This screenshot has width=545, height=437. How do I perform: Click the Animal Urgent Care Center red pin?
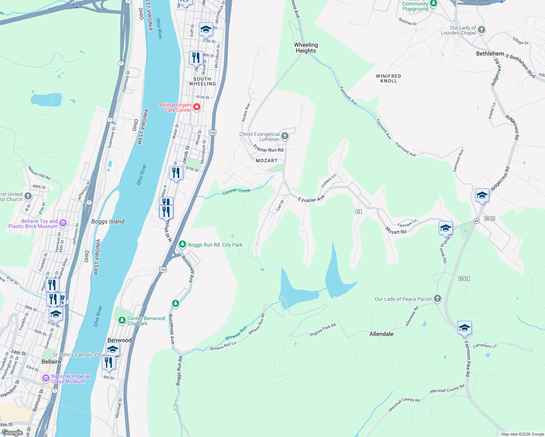(197, 107)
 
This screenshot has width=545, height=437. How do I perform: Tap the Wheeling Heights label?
(306, 48)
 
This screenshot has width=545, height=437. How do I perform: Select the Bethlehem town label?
(490, 54)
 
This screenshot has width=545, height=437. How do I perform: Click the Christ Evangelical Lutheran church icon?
(285, 136)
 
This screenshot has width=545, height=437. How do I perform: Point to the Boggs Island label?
(108, 221)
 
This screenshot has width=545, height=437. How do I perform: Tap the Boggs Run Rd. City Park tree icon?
(183, 244)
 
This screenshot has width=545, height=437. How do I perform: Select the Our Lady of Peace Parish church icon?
(438, 299)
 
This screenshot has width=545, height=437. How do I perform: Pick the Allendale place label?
(381, 334)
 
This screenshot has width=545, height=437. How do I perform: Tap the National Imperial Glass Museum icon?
(46, 378)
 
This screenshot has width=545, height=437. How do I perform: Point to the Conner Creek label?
(236, 191)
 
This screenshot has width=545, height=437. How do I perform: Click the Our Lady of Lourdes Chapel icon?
(482, 30)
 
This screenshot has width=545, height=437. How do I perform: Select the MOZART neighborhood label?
(267, 161)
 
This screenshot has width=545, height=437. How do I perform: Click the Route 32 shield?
(358, 212)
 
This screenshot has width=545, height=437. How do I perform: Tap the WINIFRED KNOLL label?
(388, 78)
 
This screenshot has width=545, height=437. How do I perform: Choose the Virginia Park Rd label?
(322, 330)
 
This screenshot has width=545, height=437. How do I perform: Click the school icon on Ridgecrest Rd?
(482, 196)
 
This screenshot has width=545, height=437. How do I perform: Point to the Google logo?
(12, 433)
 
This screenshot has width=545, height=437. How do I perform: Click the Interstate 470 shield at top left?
(77, 5)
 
